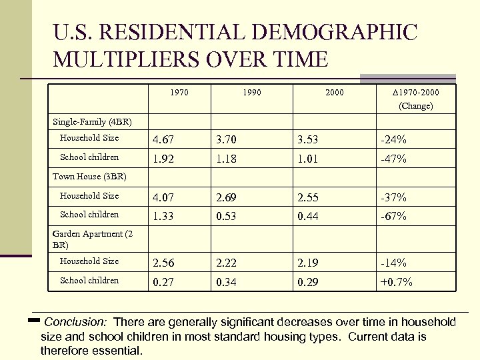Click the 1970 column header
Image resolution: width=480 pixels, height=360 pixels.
pos(179,93)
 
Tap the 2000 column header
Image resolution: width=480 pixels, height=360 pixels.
pos(335,93)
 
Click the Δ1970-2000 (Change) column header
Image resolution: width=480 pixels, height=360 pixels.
pos(415,99)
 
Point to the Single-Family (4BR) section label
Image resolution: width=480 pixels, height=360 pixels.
pos(92,122)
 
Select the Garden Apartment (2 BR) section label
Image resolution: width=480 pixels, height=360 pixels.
pos(92,239)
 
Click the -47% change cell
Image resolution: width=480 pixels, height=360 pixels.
pos(393,159)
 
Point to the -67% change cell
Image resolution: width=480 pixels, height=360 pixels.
pos(393,216)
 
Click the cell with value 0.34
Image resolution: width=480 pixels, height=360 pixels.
pos(227,282)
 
